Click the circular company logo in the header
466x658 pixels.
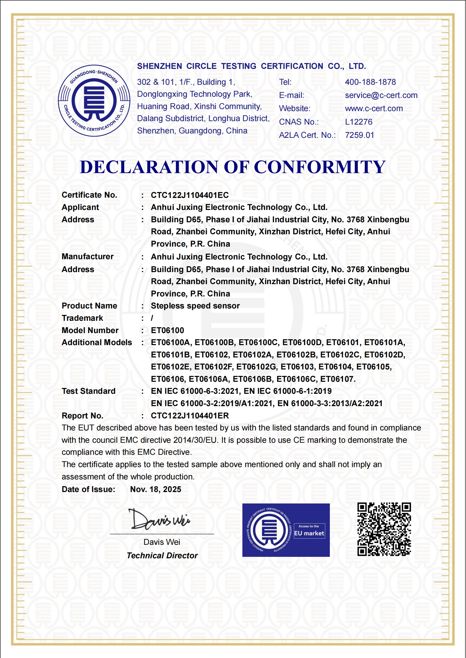pos(94,101)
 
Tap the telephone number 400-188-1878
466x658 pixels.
pos(370,82)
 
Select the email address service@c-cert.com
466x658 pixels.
pos(381,95)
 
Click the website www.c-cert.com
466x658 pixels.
pos(374,108)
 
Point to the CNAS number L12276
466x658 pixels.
pos(359,122)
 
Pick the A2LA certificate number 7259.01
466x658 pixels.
pos(359,135)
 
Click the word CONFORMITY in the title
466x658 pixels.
pos(320,167)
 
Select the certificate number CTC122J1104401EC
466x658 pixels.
pos(190,195)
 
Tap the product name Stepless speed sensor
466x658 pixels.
pos(195,306)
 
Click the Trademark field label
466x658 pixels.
pos(82,318)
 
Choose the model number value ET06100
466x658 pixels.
pos(167,330)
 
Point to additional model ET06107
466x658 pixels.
pos(337,379)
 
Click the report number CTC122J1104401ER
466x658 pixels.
pos(190,416)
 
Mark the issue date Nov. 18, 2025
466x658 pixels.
pos(156,489)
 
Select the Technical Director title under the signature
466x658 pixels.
pos(162,556)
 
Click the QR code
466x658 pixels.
pos(384,530)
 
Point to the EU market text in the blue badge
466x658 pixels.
pos(309,533)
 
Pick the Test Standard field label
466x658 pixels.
pos(89,391)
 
